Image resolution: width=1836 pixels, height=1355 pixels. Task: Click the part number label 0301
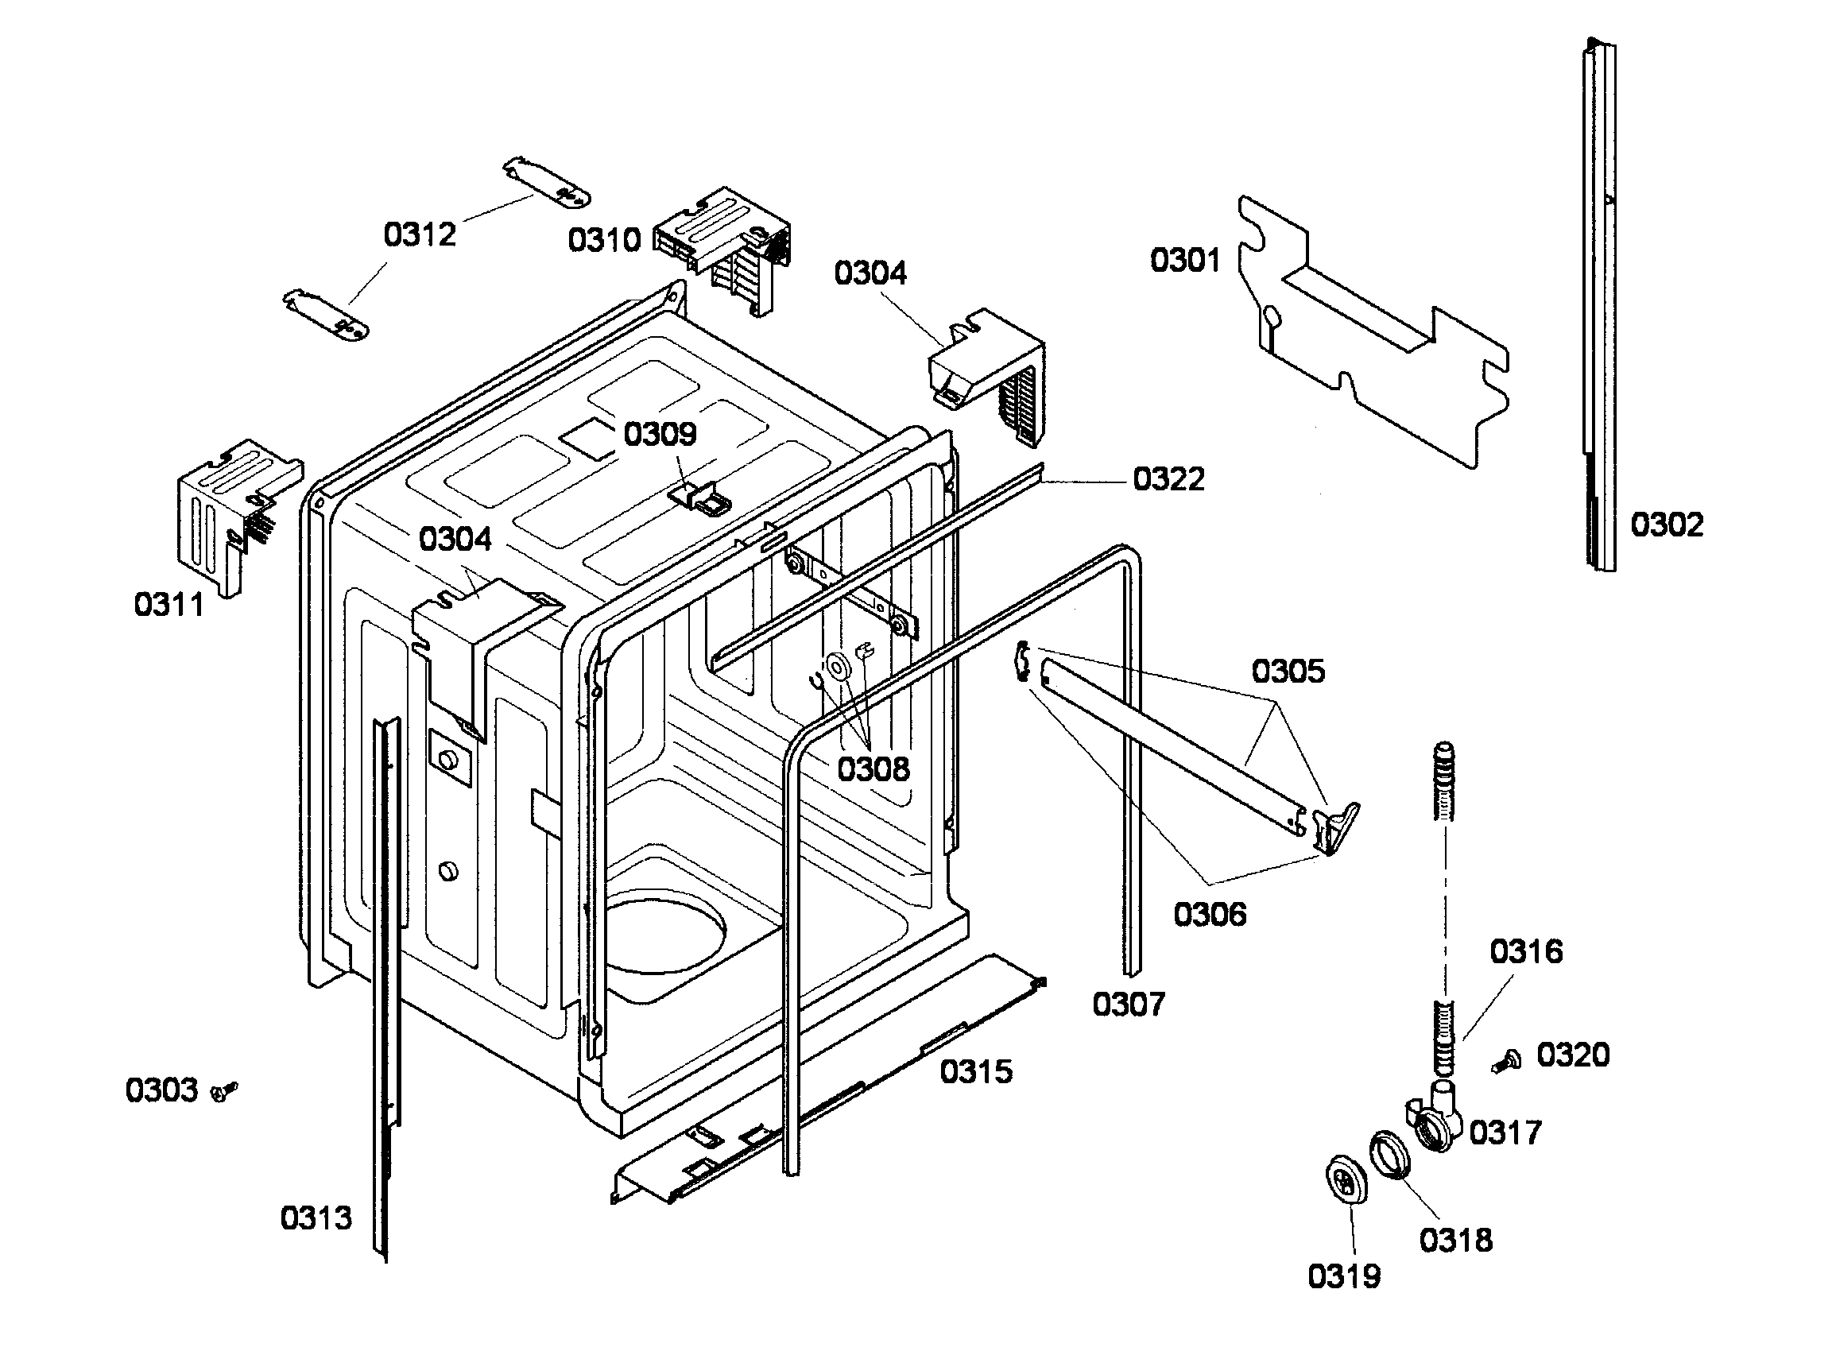click(x=1183, y=260)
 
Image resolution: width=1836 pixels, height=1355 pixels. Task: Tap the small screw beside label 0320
click(x=1507, y=1062)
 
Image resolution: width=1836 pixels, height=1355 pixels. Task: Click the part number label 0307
click(x=1128, y=1004)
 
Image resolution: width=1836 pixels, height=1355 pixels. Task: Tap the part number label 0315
click(x=975, y=1071)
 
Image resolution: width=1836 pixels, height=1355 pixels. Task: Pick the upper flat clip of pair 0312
click(x=546, y=182)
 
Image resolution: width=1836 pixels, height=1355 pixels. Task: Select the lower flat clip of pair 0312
click(x=326, y=315)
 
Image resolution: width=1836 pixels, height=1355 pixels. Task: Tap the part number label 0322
click(x=1168, y=479)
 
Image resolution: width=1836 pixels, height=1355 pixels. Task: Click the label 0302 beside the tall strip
click(x=1666, y=525)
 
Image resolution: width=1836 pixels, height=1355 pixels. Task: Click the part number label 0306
click(x=1209, y=914)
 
